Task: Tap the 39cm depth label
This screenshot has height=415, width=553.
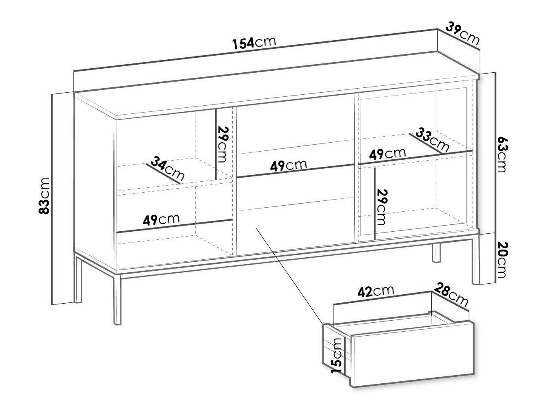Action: (462, 34)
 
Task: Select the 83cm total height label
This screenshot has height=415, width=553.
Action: (45, 196)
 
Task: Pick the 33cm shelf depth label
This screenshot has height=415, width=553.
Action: (432, 140)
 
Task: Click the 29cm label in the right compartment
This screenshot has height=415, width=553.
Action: (381, 207)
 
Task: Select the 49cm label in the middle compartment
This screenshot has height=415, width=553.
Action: (288, 165)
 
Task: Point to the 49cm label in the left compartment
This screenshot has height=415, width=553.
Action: (161, 219)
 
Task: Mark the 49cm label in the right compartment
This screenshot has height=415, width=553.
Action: (387, 154)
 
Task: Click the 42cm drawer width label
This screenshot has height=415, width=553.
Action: (376, 291)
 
